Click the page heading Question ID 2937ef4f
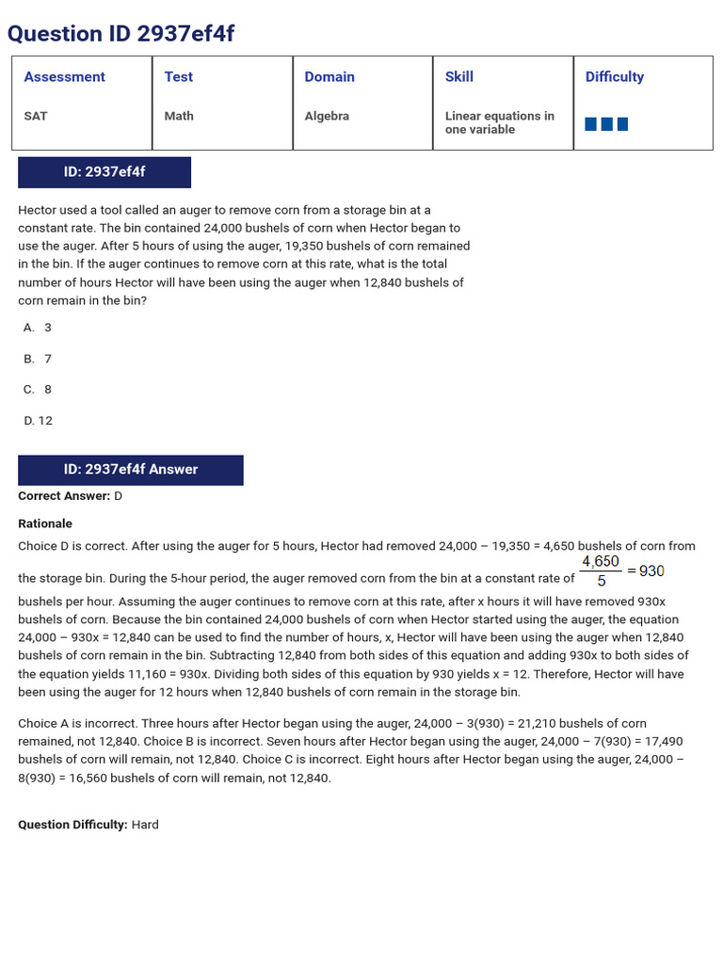(x=120, y=34)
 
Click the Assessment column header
(x=64, y=77)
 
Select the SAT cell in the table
(x=36, y=116)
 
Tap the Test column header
(x=178, y=77)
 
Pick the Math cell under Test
(x=179, y=116)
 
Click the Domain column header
(x=329, y=77)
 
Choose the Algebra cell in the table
(x=327, y=116)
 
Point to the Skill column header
(x=459, y=77)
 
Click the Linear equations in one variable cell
(x=499, y=122)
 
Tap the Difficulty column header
(x=615, y=77)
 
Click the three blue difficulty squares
(x=606, y=124)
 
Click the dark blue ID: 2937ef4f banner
(x=104, y=172)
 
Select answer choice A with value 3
(x=38, y=328)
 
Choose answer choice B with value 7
(x=38, y=359)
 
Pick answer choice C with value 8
(x=38, y=390)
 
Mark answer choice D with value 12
(x=39, y=421)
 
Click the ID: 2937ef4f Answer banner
(x=131, y=470)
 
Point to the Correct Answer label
(x=64, y=496)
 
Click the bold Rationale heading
(x=45, y=523)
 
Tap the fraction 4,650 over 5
(x=601, y=570)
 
